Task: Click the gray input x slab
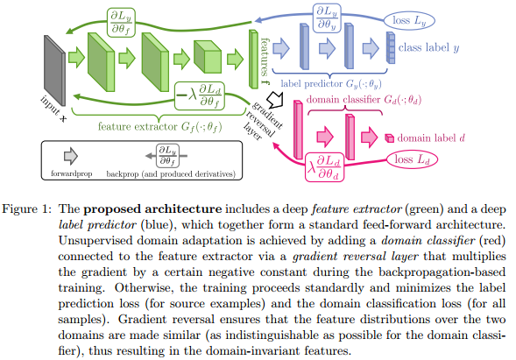click(54, 70)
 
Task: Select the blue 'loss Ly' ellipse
click(409, 20)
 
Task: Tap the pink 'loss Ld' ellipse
click(412, 159)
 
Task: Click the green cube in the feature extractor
click(208, 57)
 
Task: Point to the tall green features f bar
click(253, 60)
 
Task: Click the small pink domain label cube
click(390, 138)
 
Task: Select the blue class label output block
click(391, 47)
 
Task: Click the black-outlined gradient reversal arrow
click(275, 99)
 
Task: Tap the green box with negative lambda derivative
click(200, 95)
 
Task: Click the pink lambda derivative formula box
click(324, 166)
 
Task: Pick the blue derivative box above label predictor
click(327, 18)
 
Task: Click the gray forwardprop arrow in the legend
click(71, 156)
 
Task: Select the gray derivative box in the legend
click(167, 156)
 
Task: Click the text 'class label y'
click(428, 48)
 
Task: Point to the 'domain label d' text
click(431, 138)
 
